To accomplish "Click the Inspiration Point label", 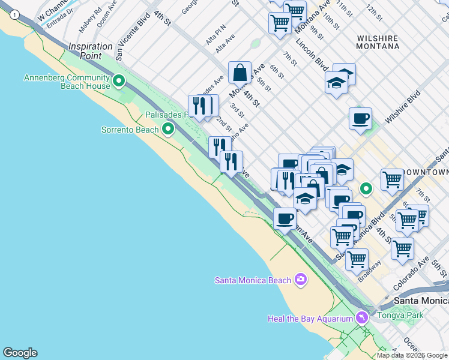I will (90, 51).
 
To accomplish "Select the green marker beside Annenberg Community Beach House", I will (119, 80).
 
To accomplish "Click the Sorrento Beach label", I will (130, 130).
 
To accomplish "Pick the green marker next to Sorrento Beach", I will (168, 128).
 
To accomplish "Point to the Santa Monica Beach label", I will (253, 280).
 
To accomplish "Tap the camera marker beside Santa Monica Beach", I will (301, 279).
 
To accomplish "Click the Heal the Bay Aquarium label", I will (310, 319).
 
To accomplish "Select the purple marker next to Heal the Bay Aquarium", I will (361, 317).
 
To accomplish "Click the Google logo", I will (20, 353).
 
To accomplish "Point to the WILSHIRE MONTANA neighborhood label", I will (378, 42).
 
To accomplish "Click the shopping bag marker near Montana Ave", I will (240, 73).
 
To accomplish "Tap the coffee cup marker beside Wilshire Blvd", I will (360, 118).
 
